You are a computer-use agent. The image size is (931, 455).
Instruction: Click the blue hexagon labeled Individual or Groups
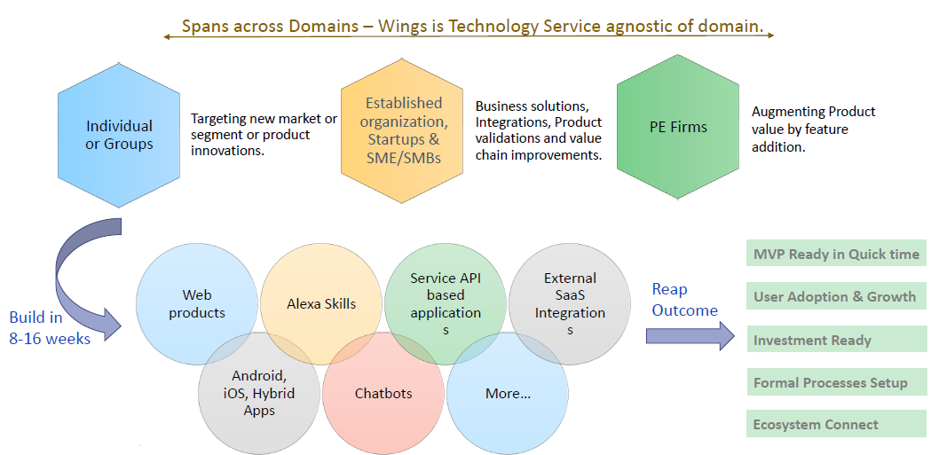tap(119, 135)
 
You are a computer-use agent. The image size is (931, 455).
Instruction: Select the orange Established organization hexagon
tap(403, 131)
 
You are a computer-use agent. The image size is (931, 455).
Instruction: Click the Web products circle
tap(197, 303)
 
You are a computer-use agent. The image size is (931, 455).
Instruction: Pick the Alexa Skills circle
tap(321, 303)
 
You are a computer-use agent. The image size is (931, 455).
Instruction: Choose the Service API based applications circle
tap(446, 303)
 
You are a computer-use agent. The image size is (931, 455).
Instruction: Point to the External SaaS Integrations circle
tap(570, 303)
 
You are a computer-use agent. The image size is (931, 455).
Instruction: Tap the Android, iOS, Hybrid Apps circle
tap(259, 393)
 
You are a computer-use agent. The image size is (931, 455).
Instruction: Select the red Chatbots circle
tap(383, 393)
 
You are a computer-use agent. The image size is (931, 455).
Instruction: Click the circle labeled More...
tap(508, 393)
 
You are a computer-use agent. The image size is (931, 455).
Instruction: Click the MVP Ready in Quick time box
tap(836, 254)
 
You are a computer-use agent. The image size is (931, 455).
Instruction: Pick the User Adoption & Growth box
tap(836, 297)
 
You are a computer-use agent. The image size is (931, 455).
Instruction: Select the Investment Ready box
tap(836, 340)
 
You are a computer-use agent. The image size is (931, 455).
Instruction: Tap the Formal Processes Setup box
tap(836, 383)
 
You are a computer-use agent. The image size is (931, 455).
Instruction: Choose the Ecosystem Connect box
tap(836, 425)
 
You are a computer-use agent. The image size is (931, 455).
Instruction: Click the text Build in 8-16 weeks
tap(50, 327)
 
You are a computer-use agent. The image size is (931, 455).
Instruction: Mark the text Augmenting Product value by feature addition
tap(813, 129)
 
